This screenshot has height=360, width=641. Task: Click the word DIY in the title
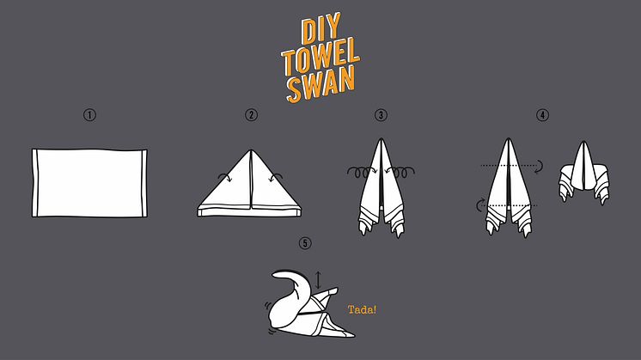click(320, 28)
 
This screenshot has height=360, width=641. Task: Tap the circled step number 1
click(89, 115)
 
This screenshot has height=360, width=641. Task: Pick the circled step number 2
click(252, 115)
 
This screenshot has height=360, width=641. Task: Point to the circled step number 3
click(381, 115)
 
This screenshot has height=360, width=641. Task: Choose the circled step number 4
click(542, 115)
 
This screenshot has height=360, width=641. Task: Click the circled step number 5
click(305, 243)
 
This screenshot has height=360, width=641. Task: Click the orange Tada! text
click(362, 309)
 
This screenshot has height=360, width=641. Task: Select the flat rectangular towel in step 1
click(89, 183)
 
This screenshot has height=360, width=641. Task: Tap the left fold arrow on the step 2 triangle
click(226, 176)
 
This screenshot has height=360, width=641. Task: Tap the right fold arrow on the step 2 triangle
click(276, 176)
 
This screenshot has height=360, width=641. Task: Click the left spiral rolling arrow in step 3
click(362, 172)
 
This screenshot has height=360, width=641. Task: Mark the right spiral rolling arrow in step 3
click(400, 172)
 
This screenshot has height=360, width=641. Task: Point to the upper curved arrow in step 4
click(540, 166)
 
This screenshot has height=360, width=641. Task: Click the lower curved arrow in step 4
click(479, 204)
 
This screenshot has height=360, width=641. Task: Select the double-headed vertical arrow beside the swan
click(318, 280)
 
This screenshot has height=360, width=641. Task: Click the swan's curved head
click(287, 277)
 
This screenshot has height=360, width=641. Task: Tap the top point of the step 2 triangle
click(250, 150)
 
